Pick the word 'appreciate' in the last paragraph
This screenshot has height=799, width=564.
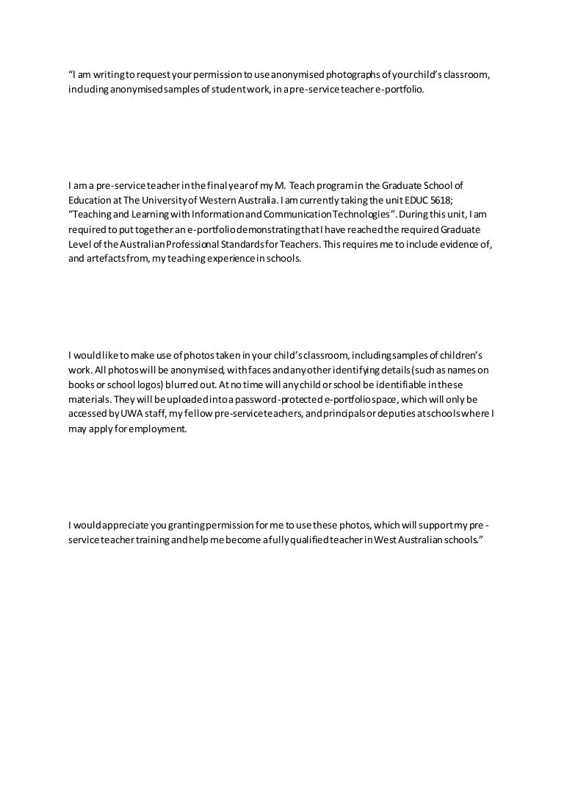point(123,524)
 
